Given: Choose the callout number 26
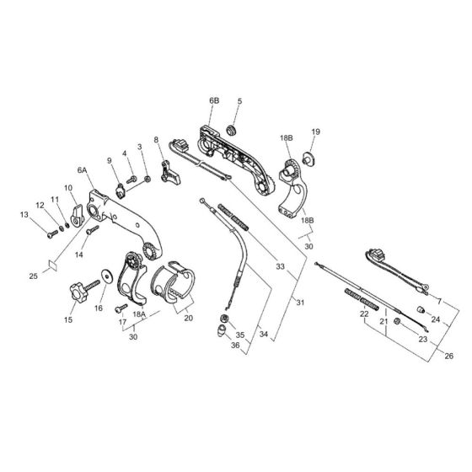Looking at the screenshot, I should point(448,356).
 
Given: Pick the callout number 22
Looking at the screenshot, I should point(364,314).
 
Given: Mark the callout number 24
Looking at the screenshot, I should point(436,319).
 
